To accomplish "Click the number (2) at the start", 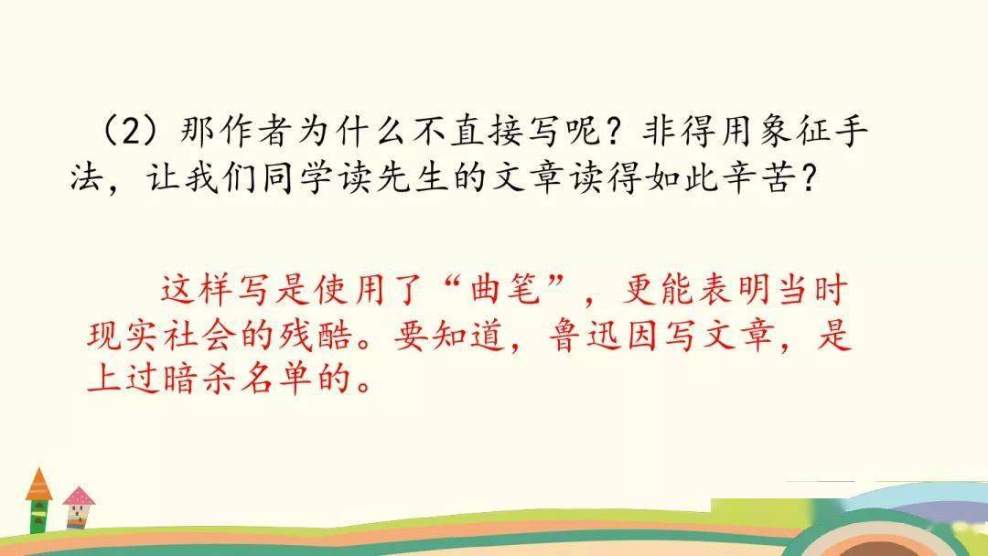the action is [131, 133].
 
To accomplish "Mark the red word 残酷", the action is [315, 337].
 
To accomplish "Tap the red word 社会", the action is [199, 337].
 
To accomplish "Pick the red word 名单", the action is [276, 380].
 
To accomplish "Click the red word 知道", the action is [468, 337].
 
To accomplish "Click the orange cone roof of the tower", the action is [39, 485].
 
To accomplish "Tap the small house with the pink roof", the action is [78, 507].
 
